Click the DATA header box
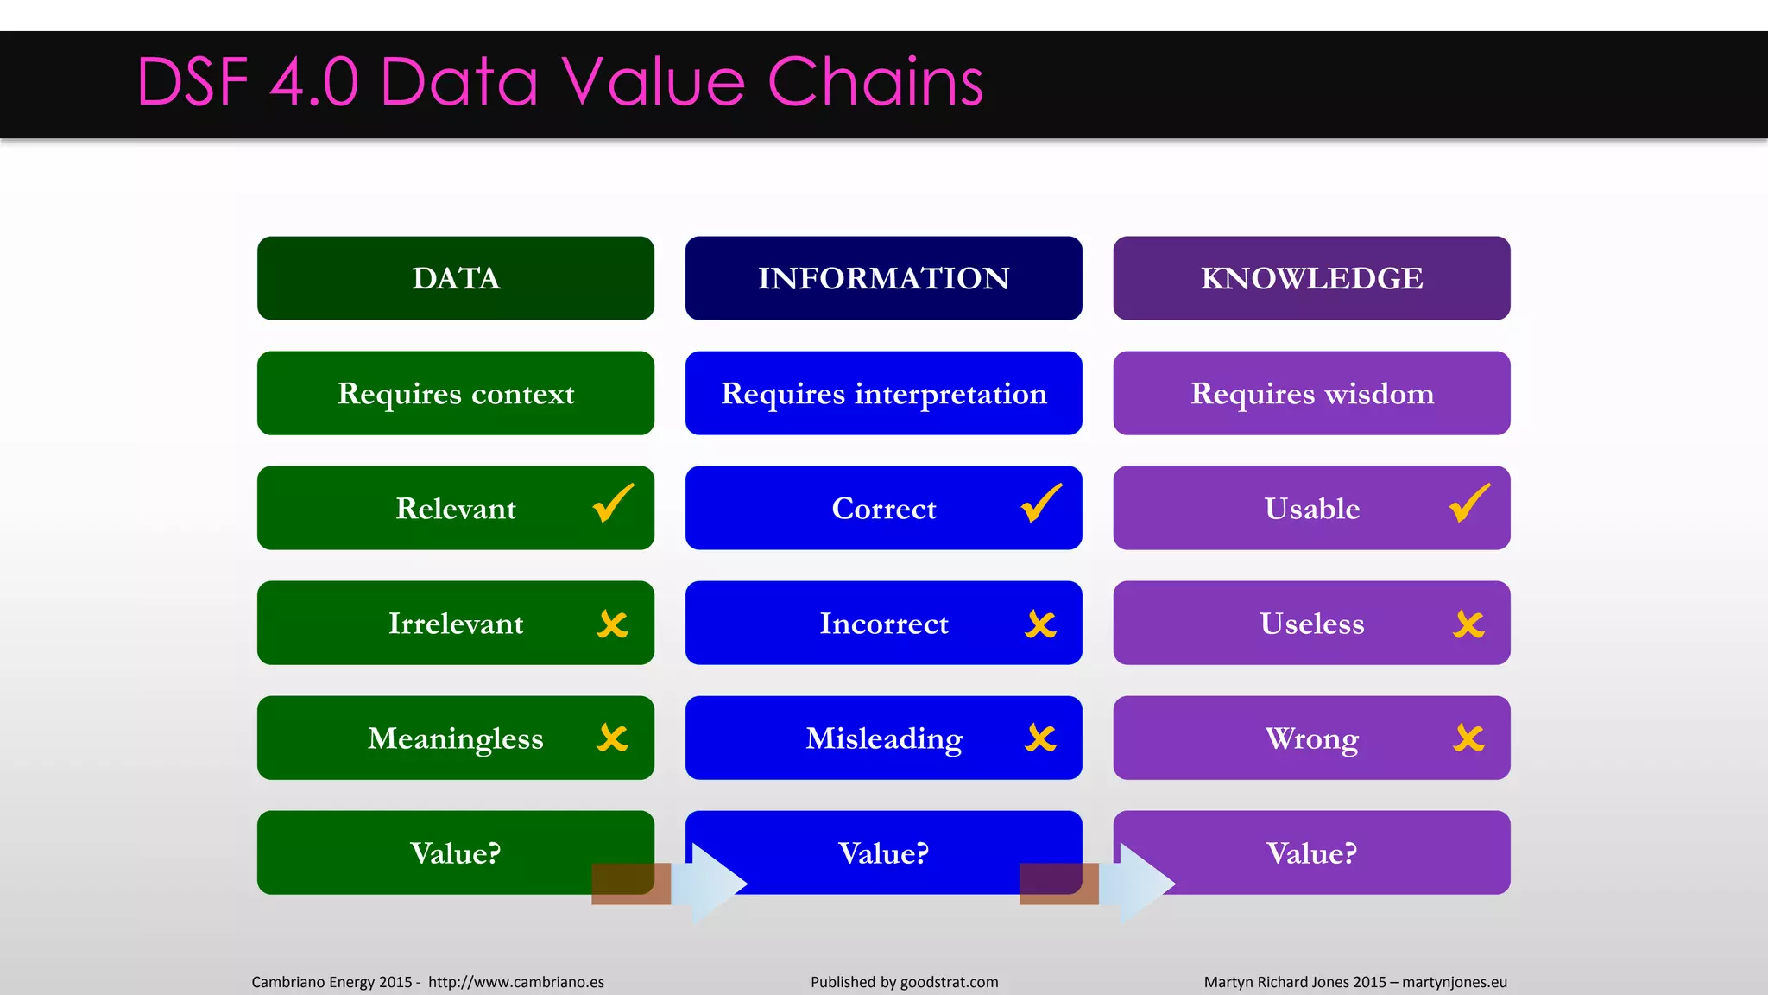(x=455, y=278)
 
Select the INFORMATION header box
(x=883, y=278)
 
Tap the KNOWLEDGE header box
(x=1311, y=278)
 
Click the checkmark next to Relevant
(x=613, y=504)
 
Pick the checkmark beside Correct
(x=1041, y=504)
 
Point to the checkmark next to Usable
(x=1469, y=504)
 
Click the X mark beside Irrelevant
(x=613, y=624)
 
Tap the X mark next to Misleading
(x=1041, y=738)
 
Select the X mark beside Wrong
(x=1469, y=738)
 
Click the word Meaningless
(x=455, y=739)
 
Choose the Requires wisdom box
(x=1311, y=393)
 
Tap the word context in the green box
(x=522, y=395)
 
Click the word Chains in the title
(x=875, y=82)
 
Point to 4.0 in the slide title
(x=313, y=82)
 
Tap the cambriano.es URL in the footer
(x=515, y=982)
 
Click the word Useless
(x=1311, y=624)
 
